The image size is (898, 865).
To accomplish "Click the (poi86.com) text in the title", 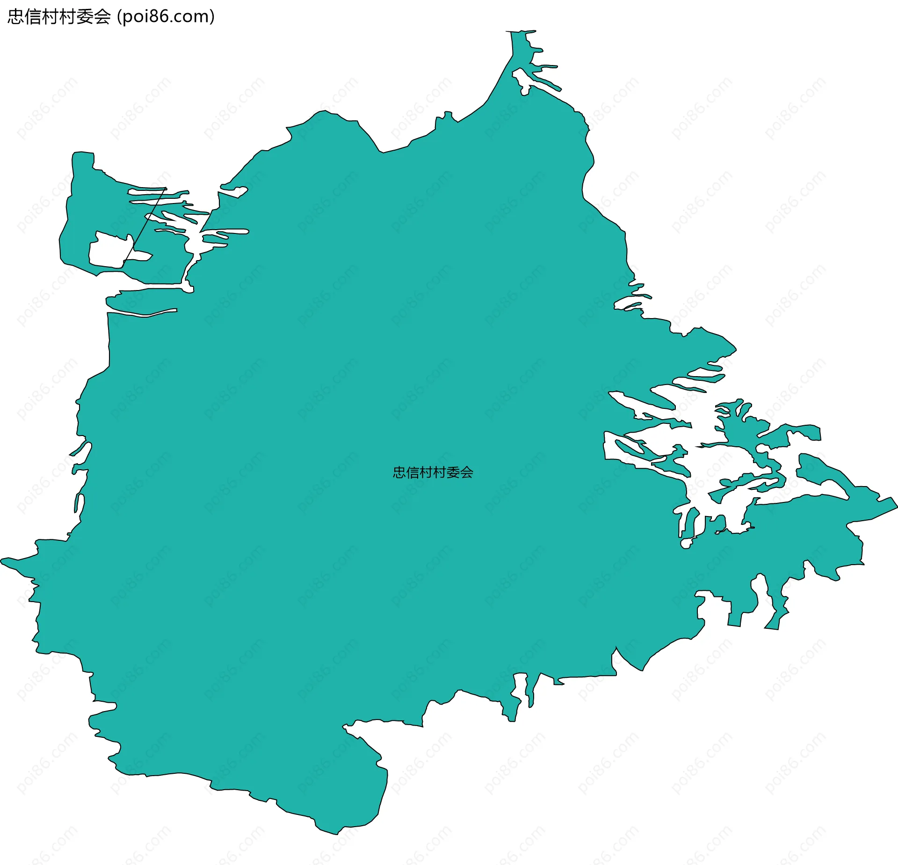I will (166, 17).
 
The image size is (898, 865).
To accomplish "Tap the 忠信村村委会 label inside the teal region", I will (433, 472).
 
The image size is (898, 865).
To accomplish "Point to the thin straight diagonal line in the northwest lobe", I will (144, 225).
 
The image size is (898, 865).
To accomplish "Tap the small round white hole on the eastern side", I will (686, 544).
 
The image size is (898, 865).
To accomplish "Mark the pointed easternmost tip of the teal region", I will (896, 505).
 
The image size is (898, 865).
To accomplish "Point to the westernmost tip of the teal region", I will (2, 560).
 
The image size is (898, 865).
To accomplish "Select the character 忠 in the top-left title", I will (16, 17).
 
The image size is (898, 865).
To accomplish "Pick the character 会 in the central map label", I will (466, 472).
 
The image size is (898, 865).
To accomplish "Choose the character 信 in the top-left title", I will (33, 17).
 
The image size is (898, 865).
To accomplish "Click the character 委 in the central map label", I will (453, 472).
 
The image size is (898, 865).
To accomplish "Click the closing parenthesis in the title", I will (212, 17).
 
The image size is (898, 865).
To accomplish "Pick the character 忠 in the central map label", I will (399, 472).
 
